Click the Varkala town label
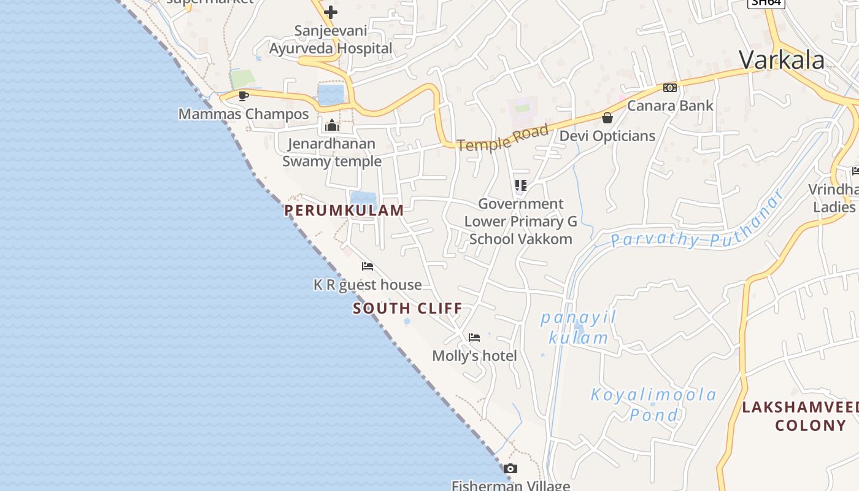coord(781,60)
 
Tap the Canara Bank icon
coord(669,88)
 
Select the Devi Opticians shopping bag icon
coord(607,118)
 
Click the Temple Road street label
coord(502,137)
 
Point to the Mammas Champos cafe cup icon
coord(244,96)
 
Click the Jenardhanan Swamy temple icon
coord(332,126)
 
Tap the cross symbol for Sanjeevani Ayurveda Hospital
coord(331,12)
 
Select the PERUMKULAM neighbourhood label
coord(344,211)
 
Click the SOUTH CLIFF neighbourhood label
coord(407,308)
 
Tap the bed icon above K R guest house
coord(368,266)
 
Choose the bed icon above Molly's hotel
coord(474,337)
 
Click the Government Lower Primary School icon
coord(521,185)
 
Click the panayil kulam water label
coord(578,328)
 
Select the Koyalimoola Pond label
coord(653,404)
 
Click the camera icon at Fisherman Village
coord(510,469)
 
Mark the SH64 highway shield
coord(766,2)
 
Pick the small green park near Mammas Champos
coord(243,79)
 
